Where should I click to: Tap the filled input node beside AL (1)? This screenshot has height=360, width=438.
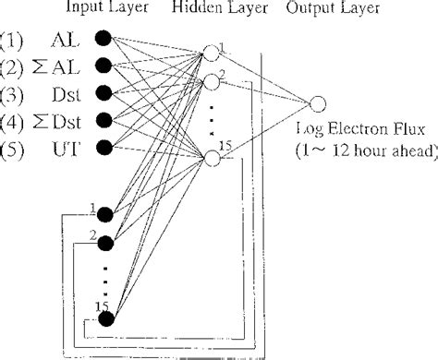(103, 40)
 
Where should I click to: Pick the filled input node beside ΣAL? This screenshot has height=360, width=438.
(103, 65)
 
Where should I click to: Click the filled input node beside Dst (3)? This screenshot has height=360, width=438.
(103, 91)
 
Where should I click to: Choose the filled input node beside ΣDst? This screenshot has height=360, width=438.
(103, 118)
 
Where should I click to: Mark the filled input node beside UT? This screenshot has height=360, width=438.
(103, 145)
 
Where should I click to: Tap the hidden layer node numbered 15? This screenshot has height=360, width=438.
(211, 158)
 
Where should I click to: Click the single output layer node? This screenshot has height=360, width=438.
(319, 104)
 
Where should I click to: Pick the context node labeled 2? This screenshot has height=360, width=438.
(103, 243)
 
